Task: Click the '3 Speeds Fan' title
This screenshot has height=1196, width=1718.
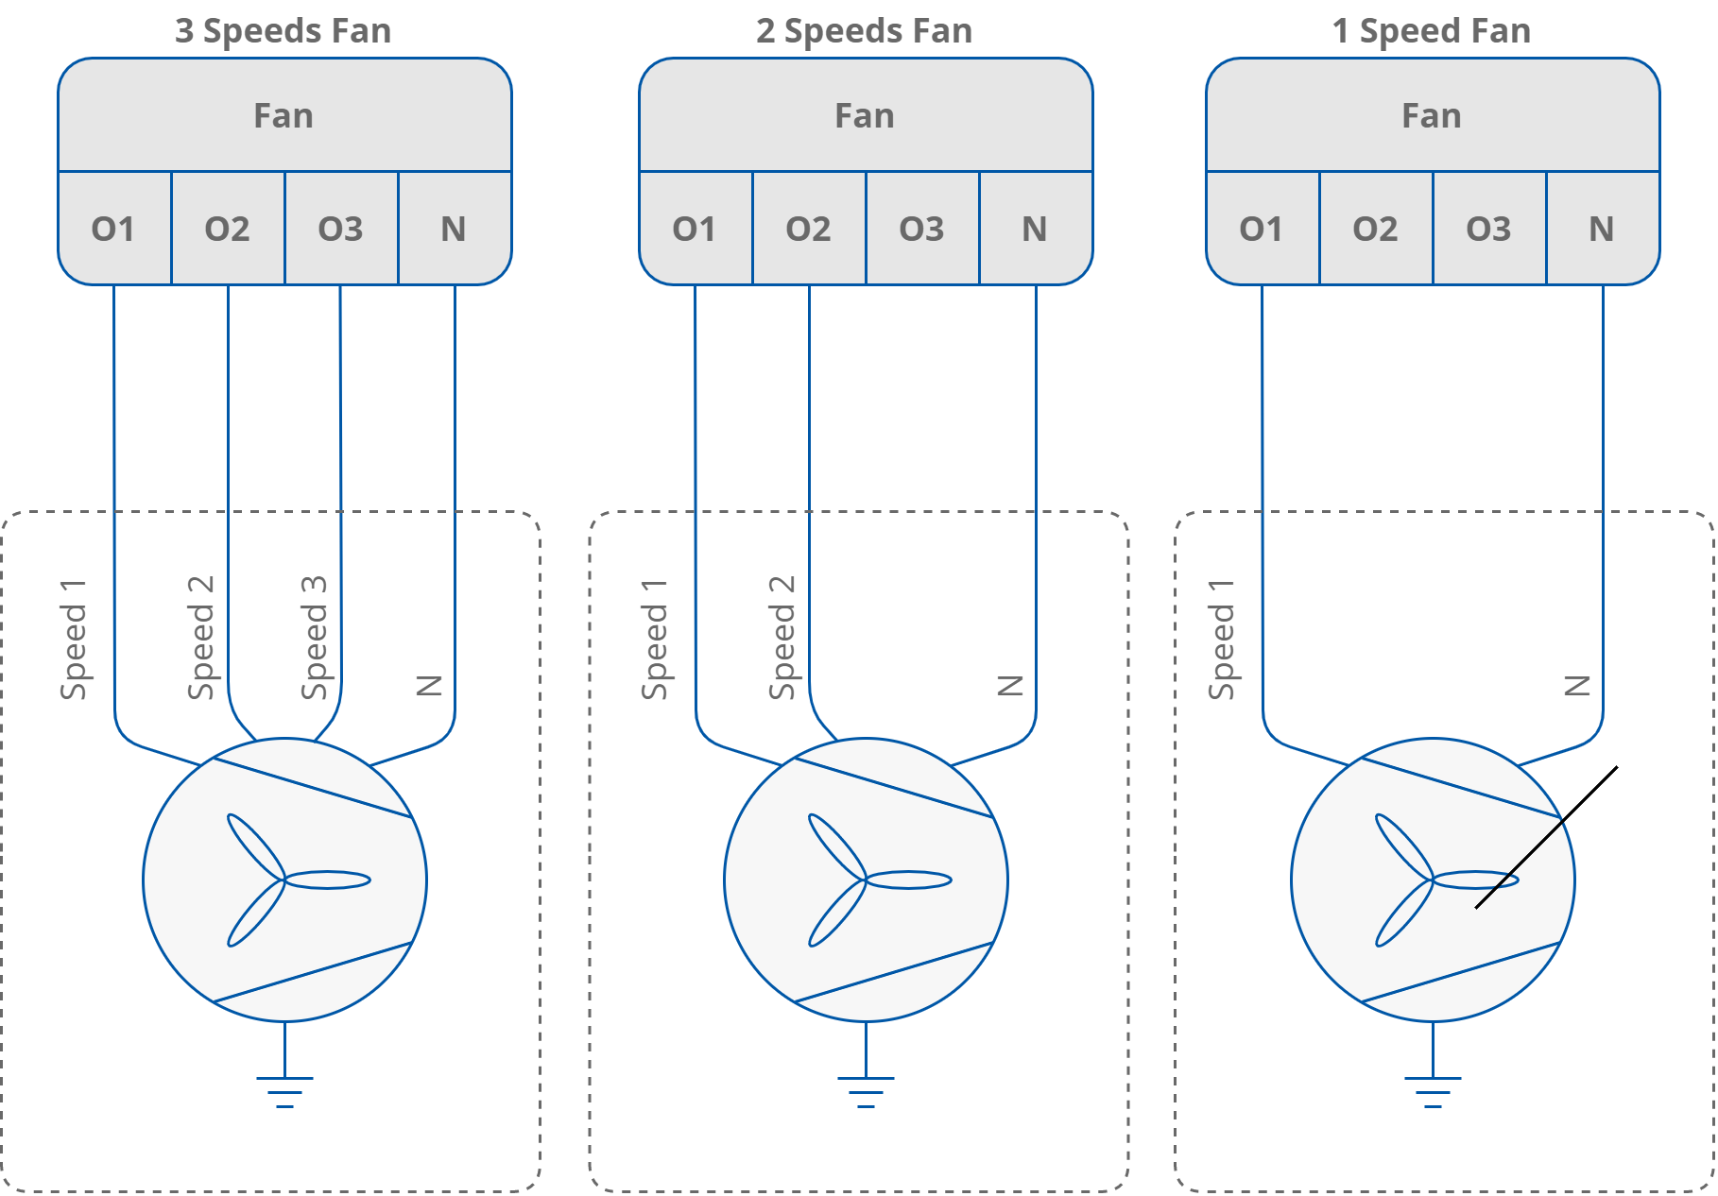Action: click(283, 31)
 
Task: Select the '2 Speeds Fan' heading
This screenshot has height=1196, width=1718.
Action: click(864, 31)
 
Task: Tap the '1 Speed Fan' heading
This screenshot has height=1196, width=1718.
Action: click(1431, 31)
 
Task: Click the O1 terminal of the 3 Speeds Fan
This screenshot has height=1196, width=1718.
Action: click(113, 229)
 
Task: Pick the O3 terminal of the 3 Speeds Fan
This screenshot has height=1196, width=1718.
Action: click(340, 229)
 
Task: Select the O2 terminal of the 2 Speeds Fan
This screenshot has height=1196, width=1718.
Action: click(808, 229)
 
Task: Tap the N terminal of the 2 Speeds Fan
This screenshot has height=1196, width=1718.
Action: click(1035, 229)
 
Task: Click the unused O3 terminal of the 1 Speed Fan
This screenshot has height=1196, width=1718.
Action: click(1488, 229)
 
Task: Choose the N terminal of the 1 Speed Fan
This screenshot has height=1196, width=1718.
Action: click(1602, 229)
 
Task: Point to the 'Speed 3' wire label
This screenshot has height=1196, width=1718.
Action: click(315, 638)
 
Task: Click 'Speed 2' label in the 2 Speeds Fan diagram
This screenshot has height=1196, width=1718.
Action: click(782, 638)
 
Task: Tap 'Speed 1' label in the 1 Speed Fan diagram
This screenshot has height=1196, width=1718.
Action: click(1221, 640)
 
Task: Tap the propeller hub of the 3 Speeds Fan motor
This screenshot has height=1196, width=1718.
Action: click(283, 880)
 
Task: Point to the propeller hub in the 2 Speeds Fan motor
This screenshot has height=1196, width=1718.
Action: click(865, 880)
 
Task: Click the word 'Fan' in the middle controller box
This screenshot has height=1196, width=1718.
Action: click(864, 116)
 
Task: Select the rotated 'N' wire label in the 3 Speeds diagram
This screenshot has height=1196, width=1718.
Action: click(430, 685)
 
